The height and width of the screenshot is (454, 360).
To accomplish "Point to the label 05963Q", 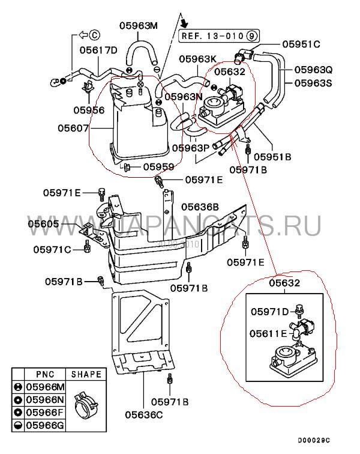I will (x=313, y=70).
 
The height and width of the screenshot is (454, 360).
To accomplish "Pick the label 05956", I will (x=89, y=110).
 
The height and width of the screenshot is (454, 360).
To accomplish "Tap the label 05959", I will (x=158, y=166).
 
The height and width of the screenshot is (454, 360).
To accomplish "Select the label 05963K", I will (x=197, y=59).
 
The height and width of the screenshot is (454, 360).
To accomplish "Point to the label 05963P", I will (x=190, y=148).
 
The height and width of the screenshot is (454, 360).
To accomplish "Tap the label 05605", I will (x=43, y=223).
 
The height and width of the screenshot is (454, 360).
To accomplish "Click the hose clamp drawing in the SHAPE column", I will (x=86, y=408).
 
